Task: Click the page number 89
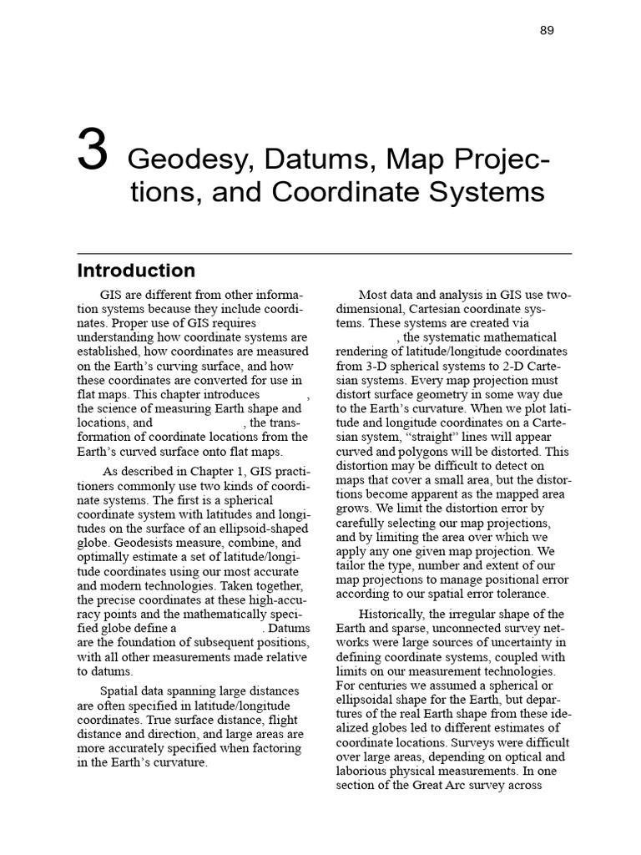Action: coord(547,31)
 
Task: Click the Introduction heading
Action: coord(136,271)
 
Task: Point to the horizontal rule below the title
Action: coord(324,253)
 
